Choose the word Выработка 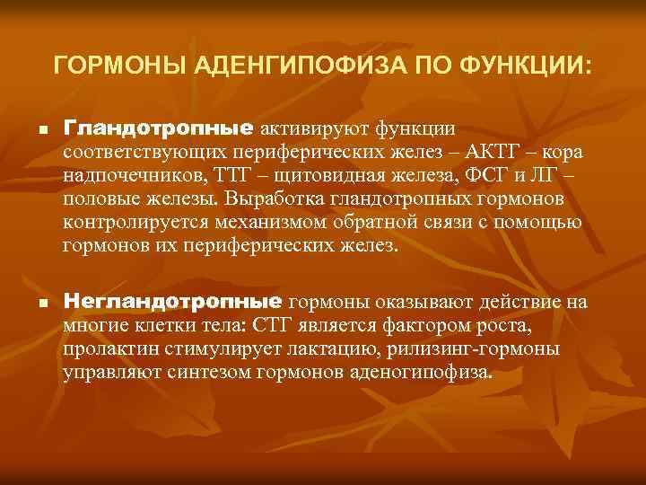pos(276,199)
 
